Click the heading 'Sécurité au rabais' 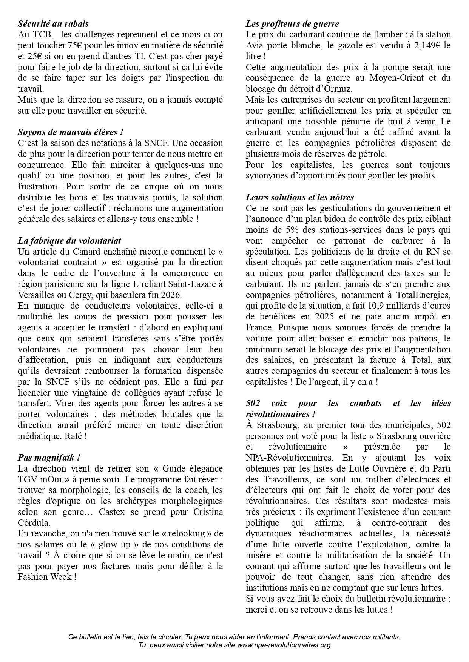point(53,24)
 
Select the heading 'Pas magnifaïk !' point(49,458)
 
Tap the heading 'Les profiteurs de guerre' point(292,24)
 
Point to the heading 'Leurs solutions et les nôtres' point(300,197)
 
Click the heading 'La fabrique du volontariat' point(69,241)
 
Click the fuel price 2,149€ point(425,45)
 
